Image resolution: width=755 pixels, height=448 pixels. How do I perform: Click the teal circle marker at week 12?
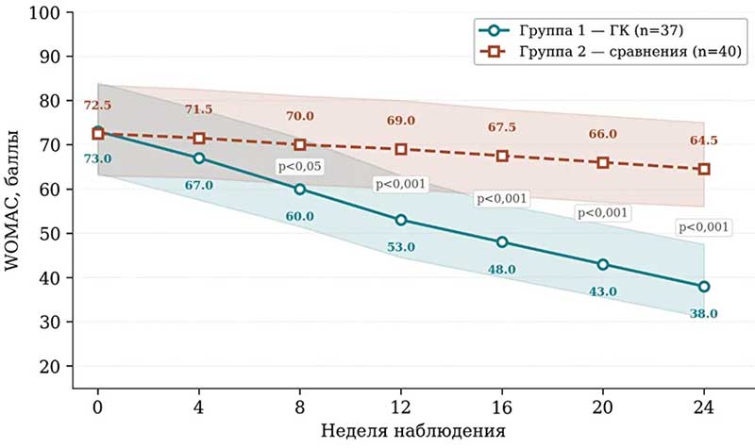tap(401, 220)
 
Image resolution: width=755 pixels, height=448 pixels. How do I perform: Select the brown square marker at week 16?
tap(502, 156)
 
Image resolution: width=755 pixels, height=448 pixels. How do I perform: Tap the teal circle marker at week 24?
tap(704, 286)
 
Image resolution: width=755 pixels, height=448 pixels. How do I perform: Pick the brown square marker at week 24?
tap(704, 169)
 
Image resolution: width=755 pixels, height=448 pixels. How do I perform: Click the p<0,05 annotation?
tap(299, 166)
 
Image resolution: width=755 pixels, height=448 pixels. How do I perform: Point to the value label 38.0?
tap(703, 313)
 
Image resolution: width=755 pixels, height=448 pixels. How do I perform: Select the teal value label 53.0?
tap(400, 247)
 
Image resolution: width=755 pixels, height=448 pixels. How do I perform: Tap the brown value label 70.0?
tap(299, 116)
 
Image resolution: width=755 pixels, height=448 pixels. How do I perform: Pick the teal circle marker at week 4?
tap(199, 158)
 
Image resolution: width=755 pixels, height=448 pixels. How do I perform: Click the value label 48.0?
tap(501, 270)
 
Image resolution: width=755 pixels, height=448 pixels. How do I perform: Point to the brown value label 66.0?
tap(602, 134)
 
